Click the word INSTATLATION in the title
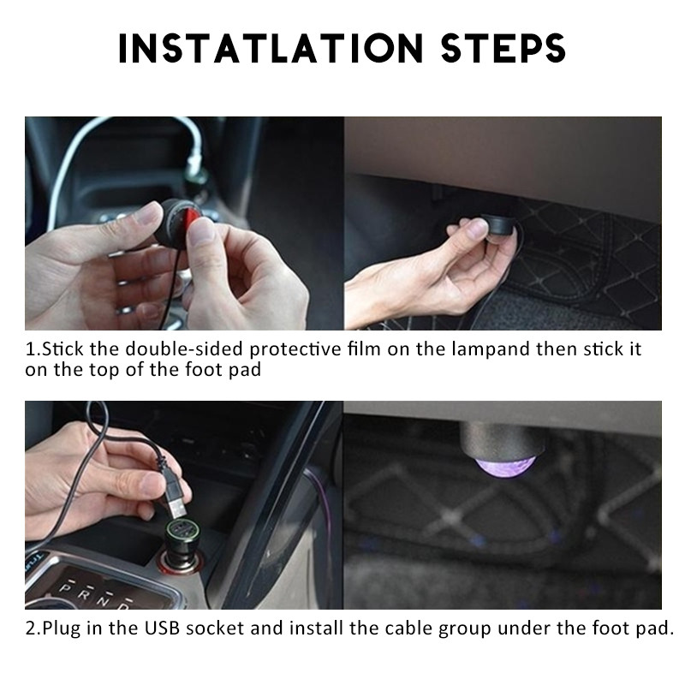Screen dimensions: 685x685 (271, 48)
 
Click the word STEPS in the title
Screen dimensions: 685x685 (503, 48)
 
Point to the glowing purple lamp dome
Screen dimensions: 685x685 (505, 466)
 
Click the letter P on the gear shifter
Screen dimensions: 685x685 (65, 588)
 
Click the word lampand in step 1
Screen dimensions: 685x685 (490, 348)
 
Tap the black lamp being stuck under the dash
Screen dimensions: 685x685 (499, 224)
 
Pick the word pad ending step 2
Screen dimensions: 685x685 (654, 629)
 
